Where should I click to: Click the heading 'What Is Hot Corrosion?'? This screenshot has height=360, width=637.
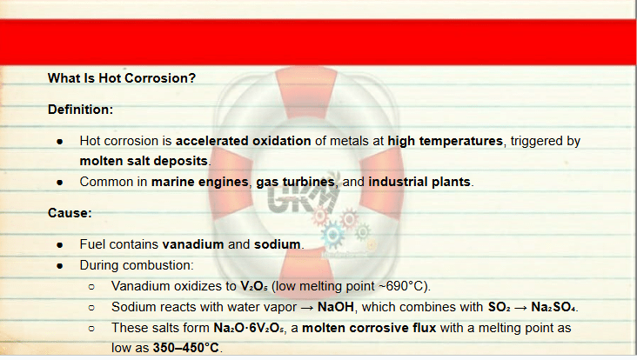[x=122, y=78]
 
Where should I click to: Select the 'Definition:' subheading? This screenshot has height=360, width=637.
[x=80, y=110]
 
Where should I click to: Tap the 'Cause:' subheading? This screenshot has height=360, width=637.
[x=70, y=213]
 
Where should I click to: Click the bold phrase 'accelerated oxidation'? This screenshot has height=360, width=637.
[x=243, y=141]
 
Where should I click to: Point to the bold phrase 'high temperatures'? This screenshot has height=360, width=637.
[x=446, y=141]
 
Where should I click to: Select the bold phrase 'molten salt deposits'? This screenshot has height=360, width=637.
[x=144, y=161]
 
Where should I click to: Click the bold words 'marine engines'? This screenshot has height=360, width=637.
[x=199, y=182]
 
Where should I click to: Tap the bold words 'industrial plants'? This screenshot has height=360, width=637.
[x=419, y=182]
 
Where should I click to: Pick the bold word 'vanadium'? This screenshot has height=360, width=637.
[x=193, y=244]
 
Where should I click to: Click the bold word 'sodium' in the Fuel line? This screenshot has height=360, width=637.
[x=277, y=244]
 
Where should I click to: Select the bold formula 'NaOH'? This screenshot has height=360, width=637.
[x=336, y=307]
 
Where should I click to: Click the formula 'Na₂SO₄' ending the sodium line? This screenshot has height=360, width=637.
[x=553, y=307]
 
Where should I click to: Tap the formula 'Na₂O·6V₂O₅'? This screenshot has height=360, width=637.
[x=249, y=328]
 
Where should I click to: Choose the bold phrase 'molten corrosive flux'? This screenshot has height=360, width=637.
[x=369, y=328]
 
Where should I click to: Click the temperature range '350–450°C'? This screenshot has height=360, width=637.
[x=185, y=348]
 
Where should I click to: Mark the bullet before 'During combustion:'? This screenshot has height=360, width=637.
[x=60, y=266]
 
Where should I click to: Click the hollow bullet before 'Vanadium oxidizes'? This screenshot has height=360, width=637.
[x=91, y=287]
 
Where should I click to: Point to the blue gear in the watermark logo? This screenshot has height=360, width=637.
[x=332, y=234]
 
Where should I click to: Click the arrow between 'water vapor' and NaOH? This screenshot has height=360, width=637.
[x=306, y=308]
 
